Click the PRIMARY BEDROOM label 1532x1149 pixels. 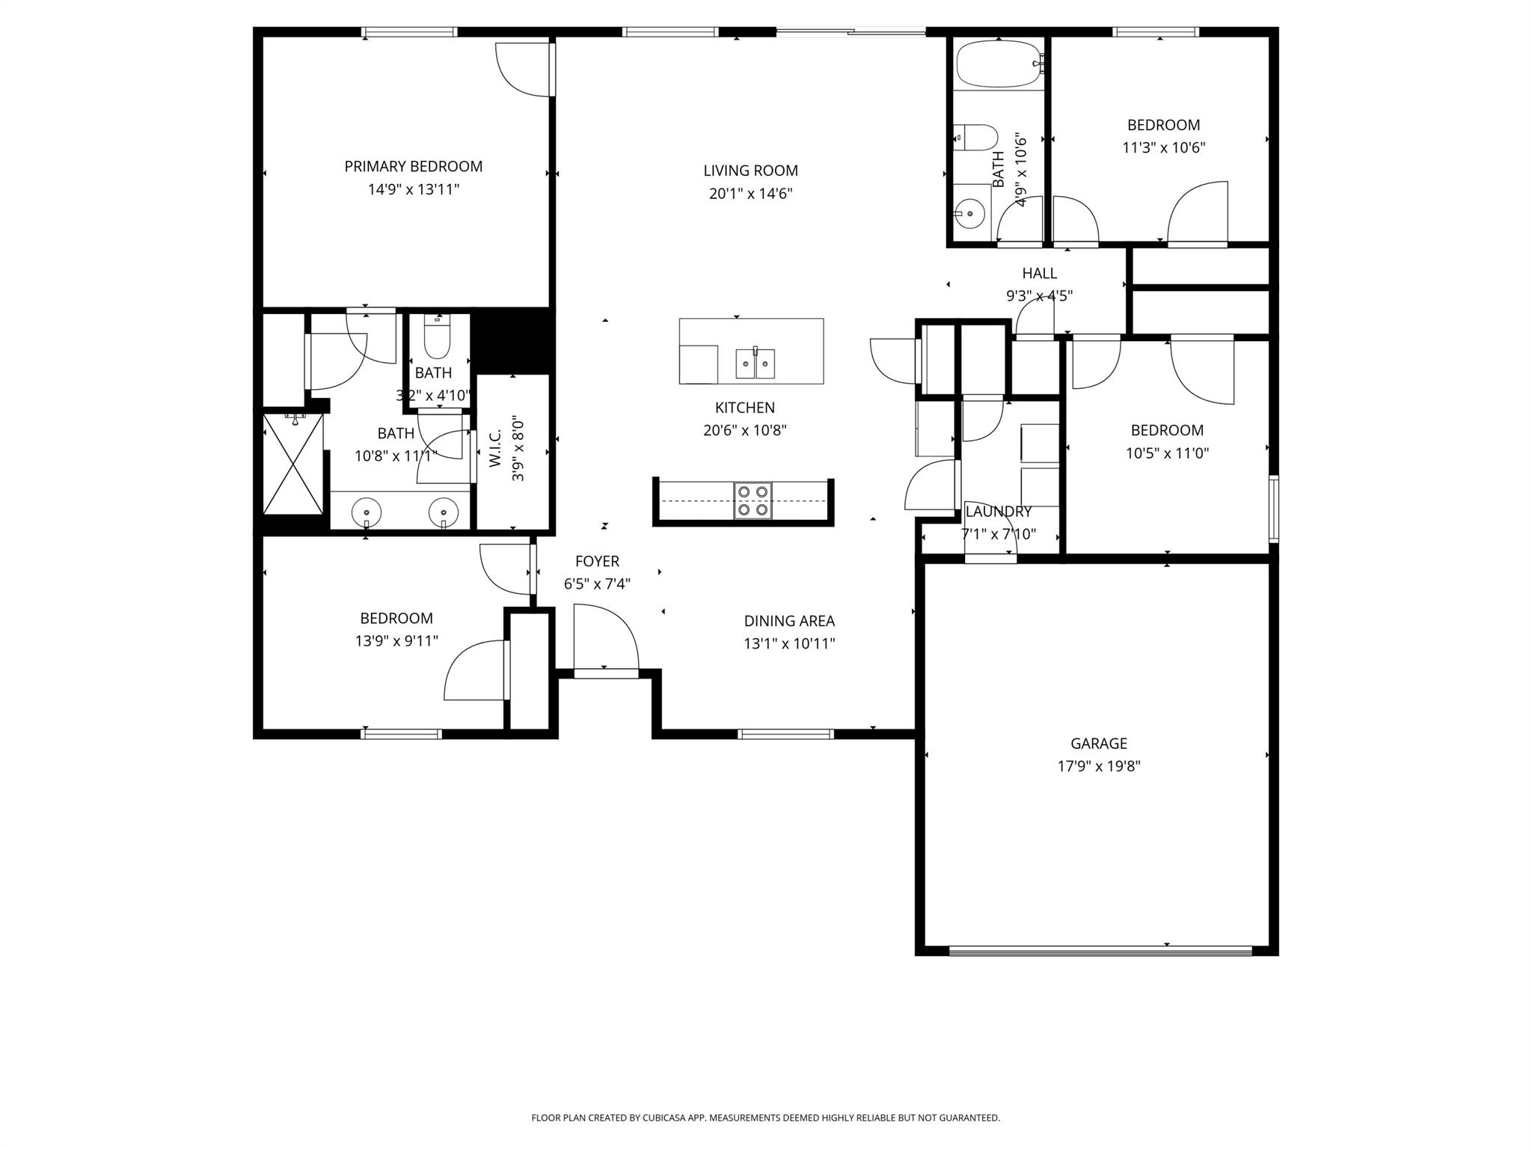(413, 166)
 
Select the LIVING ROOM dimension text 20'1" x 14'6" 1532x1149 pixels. (750, 194)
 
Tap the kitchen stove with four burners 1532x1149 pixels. (753, 500)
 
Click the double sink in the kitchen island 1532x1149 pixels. (755, 364)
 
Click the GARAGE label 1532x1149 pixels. (1098, 743)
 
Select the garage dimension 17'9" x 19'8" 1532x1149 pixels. (1098, 766)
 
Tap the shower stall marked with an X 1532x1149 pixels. (293, 464)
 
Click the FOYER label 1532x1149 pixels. (597, 561)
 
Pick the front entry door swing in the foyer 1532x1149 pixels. (604, 637)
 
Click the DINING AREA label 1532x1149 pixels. (789, 620)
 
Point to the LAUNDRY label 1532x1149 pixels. (998, 512)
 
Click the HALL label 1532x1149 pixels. (1039, 273)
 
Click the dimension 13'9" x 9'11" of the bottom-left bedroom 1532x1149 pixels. (396, 640)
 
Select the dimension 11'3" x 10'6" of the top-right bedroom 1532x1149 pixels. (1163, 147)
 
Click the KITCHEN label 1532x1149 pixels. (744, 408)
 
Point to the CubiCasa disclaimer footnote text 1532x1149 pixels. (765, 1118)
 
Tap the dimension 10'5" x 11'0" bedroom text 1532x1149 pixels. (1167, 453)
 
